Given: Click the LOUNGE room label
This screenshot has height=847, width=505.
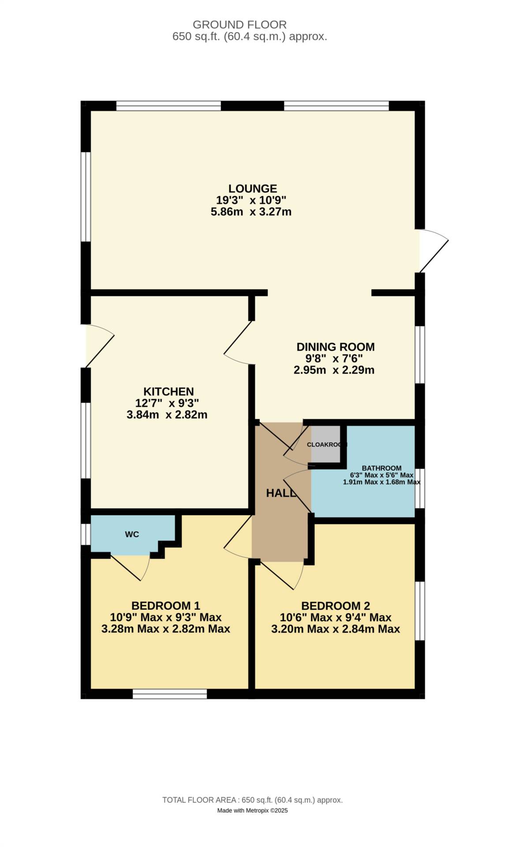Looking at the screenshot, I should pyautogui.click(x=252, y=188).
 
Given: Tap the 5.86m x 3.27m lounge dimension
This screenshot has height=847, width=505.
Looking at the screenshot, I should pyautogui.click(x=251, y=212).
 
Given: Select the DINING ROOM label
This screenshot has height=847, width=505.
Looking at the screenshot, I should pyautogui.click(x=335, y=347).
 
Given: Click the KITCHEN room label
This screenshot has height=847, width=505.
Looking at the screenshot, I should pyautogui.click(x=168, y=391).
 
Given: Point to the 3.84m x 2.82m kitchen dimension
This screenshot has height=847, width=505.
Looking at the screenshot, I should pyautogui.click(x=167, y=415).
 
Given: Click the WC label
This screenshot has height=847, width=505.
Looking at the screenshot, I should pyautogui.click(x=132, y=534).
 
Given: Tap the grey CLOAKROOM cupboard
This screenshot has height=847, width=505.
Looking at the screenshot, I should pyautogui.click(x=325, y=444).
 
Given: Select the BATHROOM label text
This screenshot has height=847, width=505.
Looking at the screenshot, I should pyautogui.click(x=382, y=468).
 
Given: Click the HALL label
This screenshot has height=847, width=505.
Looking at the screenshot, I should pyautogui.click(x=281, y=493).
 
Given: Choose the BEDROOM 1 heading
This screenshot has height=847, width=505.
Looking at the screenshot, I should pyautogui.click(x=166, y=606).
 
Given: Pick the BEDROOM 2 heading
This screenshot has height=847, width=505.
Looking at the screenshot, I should pyautogui.click(x=335, y=606).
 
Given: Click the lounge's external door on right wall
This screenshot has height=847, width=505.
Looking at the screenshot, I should pyautogui.click(x=432, y=251).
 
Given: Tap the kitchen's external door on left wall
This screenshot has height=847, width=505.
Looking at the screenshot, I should pyautogui.click(x=99, y=347).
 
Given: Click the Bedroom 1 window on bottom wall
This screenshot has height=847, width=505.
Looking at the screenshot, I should pyautogui.click(x=170, y=694).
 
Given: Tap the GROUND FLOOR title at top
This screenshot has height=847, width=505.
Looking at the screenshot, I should pyautogui.click(x=239, y=25).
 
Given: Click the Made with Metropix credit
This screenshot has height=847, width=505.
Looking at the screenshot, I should pyautogui.click(x=252, y=810).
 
